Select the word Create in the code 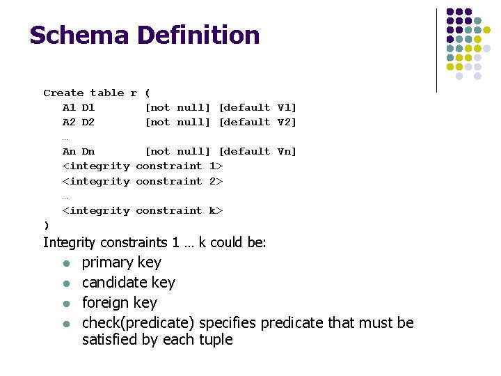63,93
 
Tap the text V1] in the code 287,107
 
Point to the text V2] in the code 287,122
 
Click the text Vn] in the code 287,151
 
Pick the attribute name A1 69,107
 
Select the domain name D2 88,122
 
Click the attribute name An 69,151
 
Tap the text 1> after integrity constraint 216,166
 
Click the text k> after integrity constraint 216,210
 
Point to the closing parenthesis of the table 46,225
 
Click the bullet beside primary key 65,263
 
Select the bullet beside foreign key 65,304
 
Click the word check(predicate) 138,323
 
